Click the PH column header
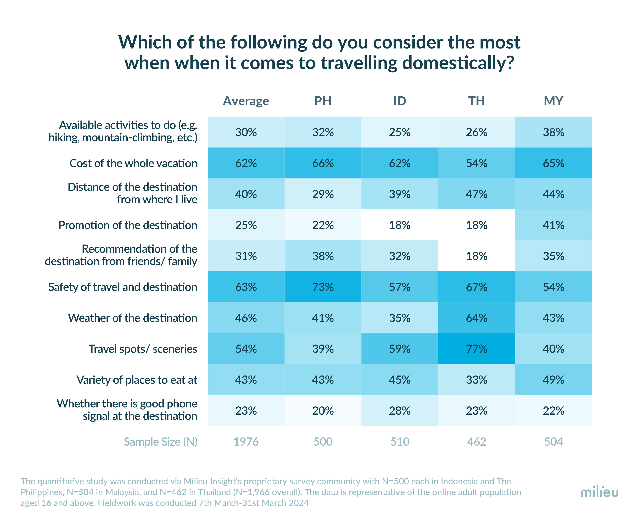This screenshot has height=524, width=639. tap(323, 101)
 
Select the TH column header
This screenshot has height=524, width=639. tap(477, 101)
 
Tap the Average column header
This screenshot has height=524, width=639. tap(246, 101)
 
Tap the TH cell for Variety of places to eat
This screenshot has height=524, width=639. tap(477, 380)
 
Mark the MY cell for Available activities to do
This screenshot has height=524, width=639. tap(553, 132)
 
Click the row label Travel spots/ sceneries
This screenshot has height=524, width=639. tap(143, 349)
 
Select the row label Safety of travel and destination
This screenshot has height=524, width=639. tap(122, 287)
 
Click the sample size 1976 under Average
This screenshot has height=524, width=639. tap(246, 442)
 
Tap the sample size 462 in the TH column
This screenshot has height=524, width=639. tap(477, 442)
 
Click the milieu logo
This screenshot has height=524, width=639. tap(599, 492)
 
